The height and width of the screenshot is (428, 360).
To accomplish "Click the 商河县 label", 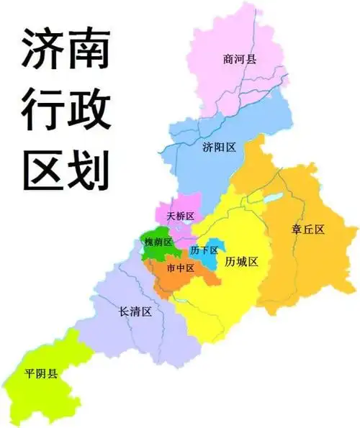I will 240,60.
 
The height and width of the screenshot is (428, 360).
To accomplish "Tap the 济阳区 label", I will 220,147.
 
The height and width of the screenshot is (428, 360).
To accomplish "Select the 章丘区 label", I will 308,229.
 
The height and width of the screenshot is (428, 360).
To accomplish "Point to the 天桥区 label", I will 180,216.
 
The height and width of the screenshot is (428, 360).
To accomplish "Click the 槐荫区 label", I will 158,242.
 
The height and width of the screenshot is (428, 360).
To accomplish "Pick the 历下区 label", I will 204,250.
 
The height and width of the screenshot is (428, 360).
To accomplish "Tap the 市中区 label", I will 180,268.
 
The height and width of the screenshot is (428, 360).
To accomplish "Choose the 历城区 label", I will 241,261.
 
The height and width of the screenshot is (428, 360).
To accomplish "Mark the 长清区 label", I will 135,312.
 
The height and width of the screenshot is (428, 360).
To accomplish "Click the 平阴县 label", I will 42,374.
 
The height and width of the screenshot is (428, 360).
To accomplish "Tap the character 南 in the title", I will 89,52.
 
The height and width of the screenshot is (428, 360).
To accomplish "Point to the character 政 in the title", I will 89,111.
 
